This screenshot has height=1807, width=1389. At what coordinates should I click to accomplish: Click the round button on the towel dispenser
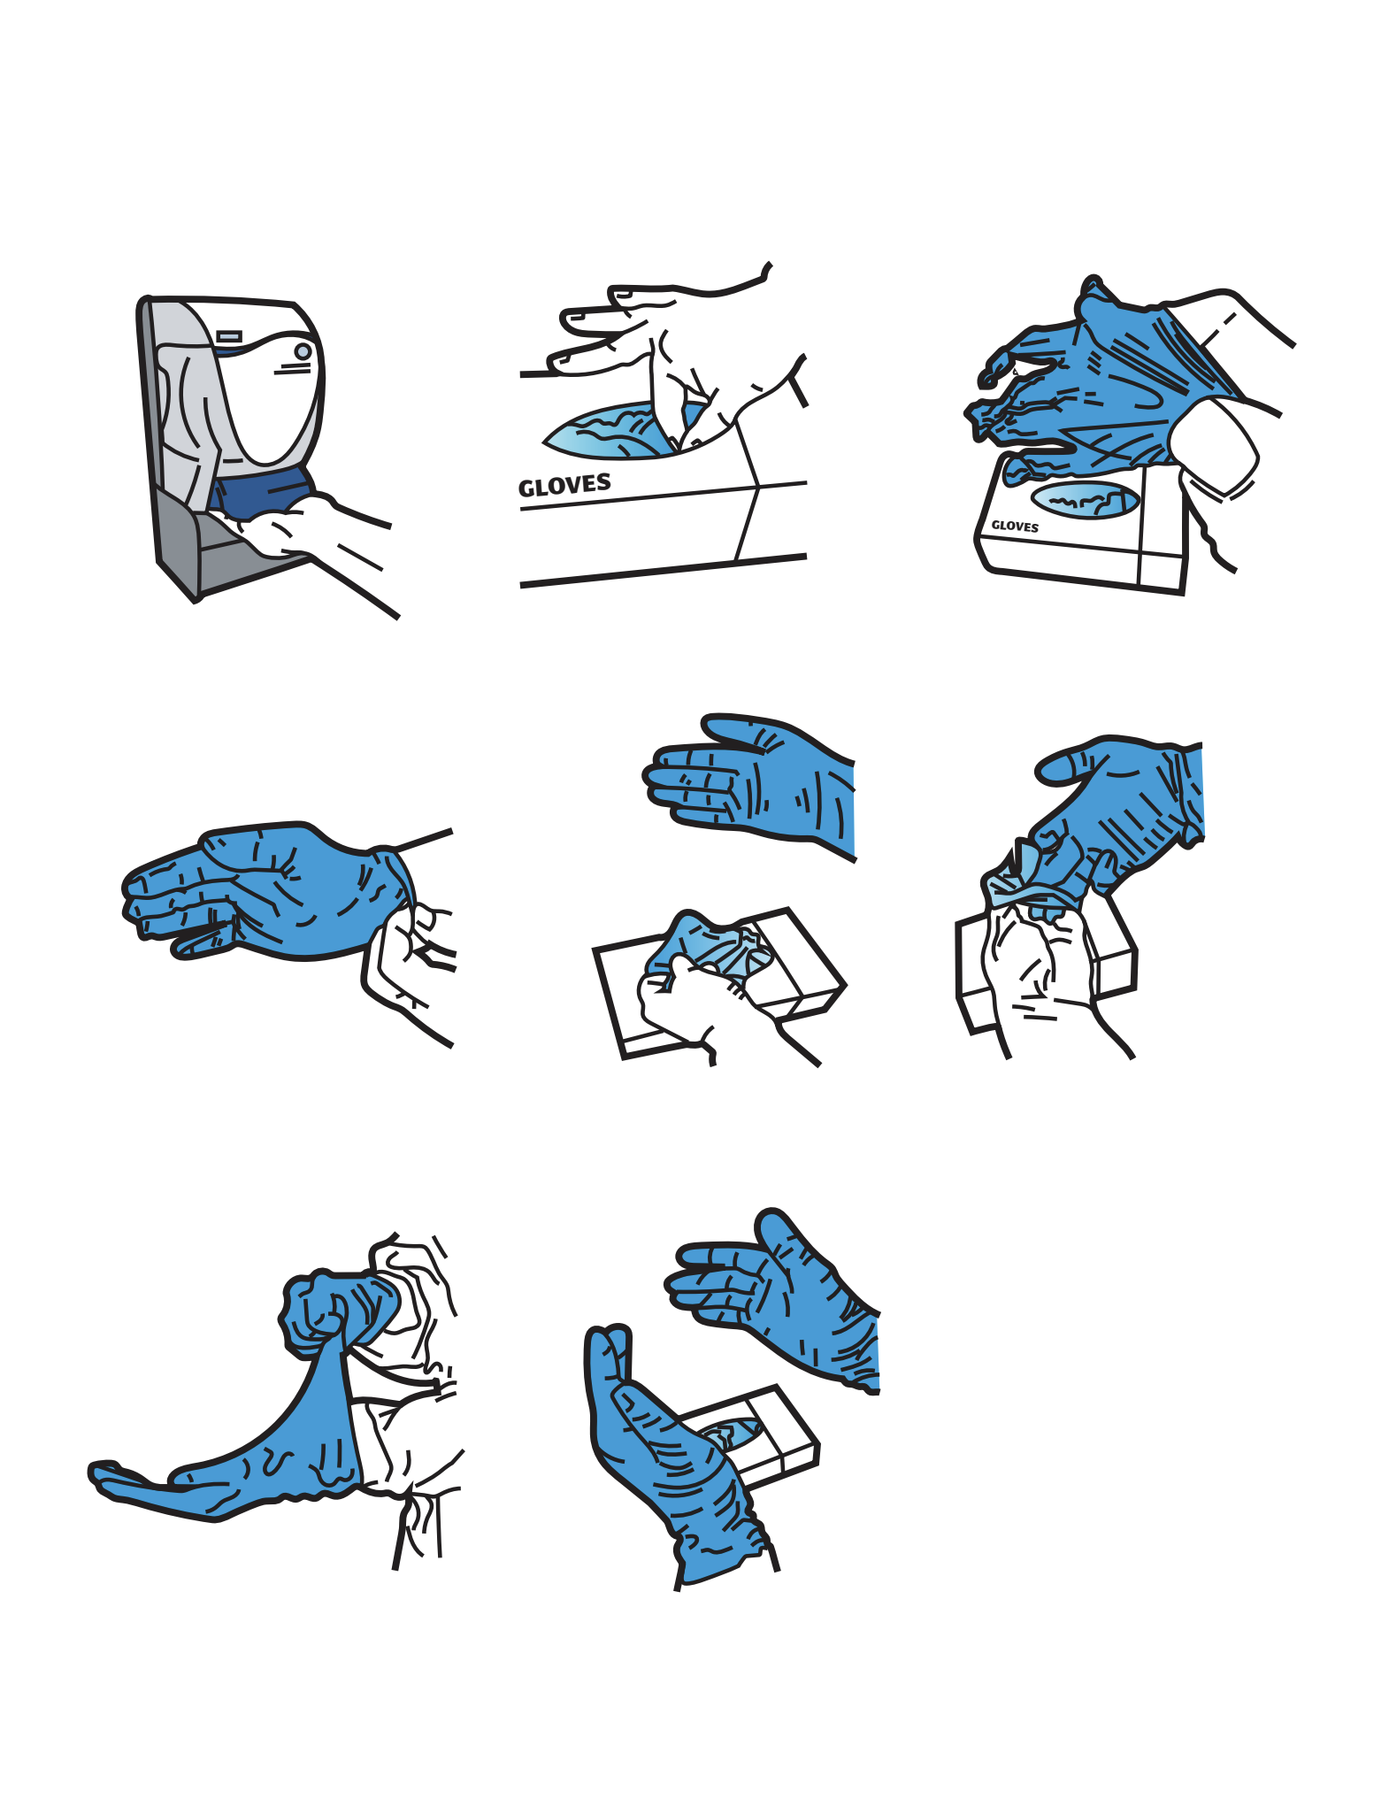tap(303, 351)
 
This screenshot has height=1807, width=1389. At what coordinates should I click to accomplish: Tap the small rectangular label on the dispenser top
tap(229, 336)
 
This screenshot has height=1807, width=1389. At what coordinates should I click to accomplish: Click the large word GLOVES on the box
tap(564, 485)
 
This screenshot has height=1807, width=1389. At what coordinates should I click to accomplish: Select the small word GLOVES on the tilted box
tap(1015, 526)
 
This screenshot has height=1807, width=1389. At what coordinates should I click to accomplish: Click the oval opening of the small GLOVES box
tap(1085, 500)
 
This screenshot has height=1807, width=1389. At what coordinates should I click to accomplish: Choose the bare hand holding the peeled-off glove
tap(1044, 973)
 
